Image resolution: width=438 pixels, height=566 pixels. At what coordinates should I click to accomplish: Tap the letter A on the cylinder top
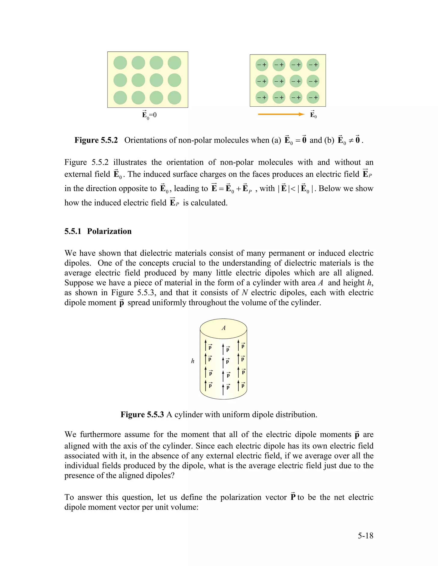pos(223,328)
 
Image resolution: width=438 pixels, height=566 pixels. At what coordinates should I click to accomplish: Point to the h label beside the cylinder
pos(192,361)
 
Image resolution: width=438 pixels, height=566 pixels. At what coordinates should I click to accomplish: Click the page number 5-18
pos(365,536)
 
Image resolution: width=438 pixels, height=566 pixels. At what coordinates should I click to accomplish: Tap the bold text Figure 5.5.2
pos(96,140)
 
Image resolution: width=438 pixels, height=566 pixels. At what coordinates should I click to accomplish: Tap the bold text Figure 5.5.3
pos(142,414)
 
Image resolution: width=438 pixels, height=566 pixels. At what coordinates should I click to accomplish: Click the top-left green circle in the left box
pos(120,63)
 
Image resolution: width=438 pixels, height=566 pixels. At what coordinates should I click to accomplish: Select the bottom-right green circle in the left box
pos(174,98)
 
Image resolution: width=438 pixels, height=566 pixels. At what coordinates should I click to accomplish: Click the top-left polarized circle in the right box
pos(262,65)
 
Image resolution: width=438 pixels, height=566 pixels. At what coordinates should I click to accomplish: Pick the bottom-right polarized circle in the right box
pos(313,97)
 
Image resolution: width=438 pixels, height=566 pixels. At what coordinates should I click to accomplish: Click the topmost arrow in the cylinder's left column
pos(206,345)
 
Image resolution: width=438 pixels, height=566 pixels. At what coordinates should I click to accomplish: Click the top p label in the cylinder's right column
pos(243,346)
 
